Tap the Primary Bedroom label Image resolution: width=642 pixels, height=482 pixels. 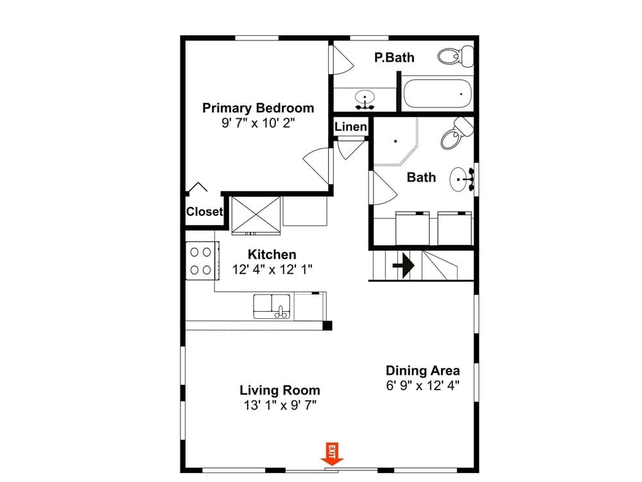tap(258, 108)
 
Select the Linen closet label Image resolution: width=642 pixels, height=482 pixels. tap(351, 127)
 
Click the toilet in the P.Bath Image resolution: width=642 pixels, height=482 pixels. tap(456, 56)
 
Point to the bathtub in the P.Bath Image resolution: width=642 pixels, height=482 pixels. tap(437, 94)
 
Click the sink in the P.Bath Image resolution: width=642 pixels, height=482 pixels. tap(365, 100)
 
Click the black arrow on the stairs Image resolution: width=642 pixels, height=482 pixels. tap(404, 265)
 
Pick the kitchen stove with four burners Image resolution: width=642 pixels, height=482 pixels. tap(202, 261)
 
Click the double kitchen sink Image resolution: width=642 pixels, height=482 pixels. tap(272, 307)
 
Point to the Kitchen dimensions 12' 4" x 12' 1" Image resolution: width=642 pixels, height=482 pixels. tap(272, 270)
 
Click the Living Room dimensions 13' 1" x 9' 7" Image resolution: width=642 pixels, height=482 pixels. tap(280, 406)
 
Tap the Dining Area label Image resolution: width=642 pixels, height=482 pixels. tap(422, 371)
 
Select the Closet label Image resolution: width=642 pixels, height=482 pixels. tap(204, 211)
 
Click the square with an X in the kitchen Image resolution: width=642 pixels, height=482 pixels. tap(256, 216)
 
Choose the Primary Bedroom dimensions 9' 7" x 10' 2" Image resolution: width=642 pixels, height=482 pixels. tap(258, 123)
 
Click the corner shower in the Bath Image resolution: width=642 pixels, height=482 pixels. tap(395, 141)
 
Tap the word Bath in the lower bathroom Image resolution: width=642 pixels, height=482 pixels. tap(421, 177)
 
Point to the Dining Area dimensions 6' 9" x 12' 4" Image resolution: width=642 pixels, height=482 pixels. tap(422, 386)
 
